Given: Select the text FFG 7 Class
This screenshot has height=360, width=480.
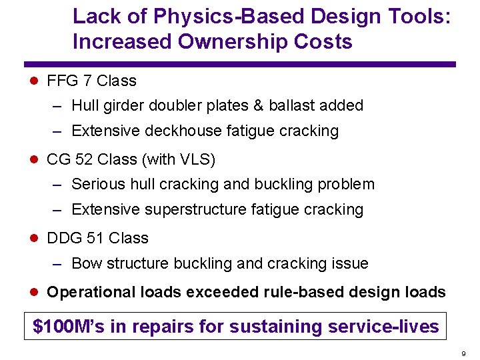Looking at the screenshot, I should pos(91,81).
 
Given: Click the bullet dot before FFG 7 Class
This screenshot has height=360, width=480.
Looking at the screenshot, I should pos(35,81).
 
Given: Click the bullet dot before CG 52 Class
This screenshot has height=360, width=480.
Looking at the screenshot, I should pos(35,160).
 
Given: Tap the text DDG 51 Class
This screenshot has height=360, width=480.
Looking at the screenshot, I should pos(97,239).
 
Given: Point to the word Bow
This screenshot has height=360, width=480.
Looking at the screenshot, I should pos(85,264).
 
